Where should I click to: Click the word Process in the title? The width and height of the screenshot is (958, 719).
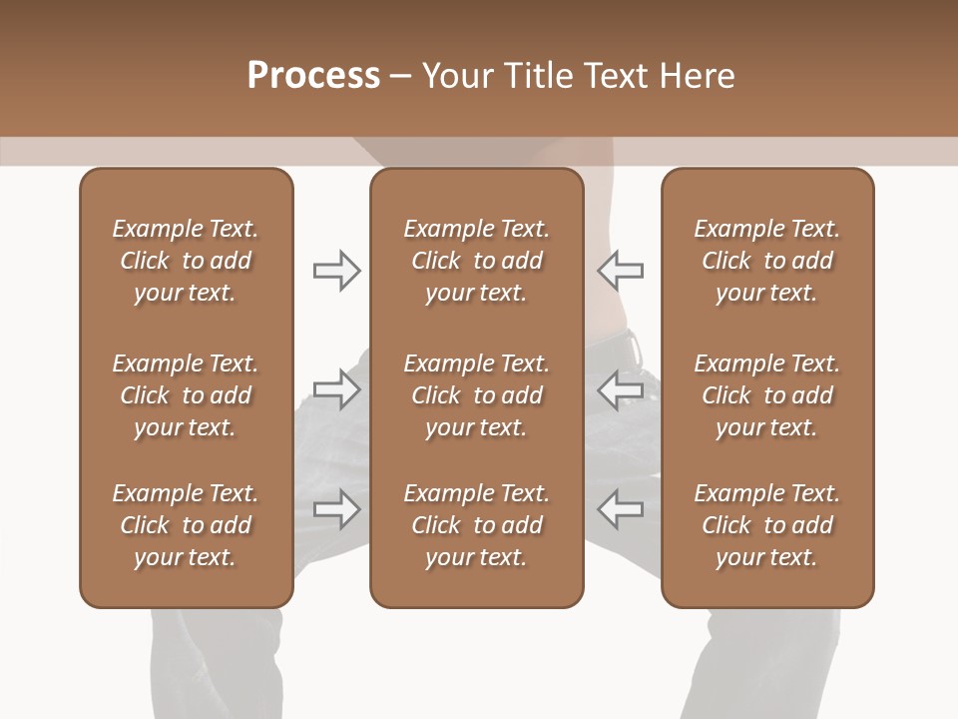pyautogui.click(x=313, y=76)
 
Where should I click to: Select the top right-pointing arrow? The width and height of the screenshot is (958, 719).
pyautogui.click(x=337, y=270)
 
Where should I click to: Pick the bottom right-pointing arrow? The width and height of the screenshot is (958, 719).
pyautogui.click(x=337, y=508)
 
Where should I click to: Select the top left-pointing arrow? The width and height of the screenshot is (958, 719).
pyautogui.click(x=620, y=270)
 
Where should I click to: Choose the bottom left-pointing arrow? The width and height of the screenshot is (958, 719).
pyautogui.click(x=620, y=508)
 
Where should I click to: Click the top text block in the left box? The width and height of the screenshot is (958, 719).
pyautogui.click(x=186, y=261)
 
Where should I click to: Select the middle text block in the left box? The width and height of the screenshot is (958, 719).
pyautogui.click(x=186, y=395)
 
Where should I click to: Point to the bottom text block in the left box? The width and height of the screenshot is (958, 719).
pyautogui.click(x=186, y=525)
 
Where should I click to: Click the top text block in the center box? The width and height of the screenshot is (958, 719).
pyautogui.click(x=476, y=261)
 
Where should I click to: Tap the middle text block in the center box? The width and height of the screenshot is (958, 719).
pyautogui.click(x=476, y=395)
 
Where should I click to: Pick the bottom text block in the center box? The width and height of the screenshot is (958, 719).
pyautogui.click(x=476, y=525)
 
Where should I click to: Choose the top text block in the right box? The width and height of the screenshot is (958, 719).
pyautogui.click(x=766, y=261)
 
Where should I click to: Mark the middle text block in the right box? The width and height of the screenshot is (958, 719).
pyautogui.click(x=766, y=395)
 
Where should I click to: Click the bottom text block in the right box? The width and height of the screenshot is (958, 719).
pyautogui.click(x=766, y=525)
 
